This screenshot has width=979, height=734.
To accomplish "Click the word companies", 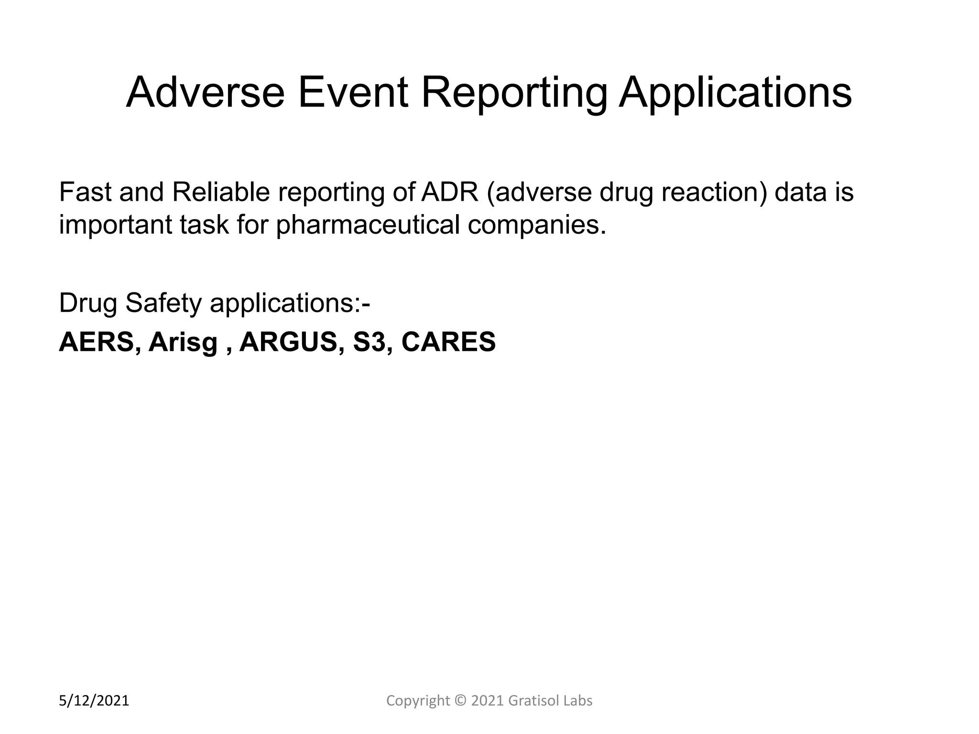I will (x=537, y=225).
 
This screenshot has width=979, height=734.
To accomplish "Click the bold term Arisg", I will (x=183, y=342).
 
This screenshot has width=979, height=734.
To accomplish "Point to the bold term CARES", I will (x=448, y=342).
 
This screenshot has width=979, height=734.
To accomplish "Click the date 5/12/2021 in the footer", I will (x=94, y=701).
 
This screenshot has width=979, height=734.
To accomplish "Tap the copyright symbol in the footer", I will (x=460, y=701).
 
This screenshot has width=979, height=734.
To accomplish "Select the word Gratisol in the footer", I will (x=530, y=701).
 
